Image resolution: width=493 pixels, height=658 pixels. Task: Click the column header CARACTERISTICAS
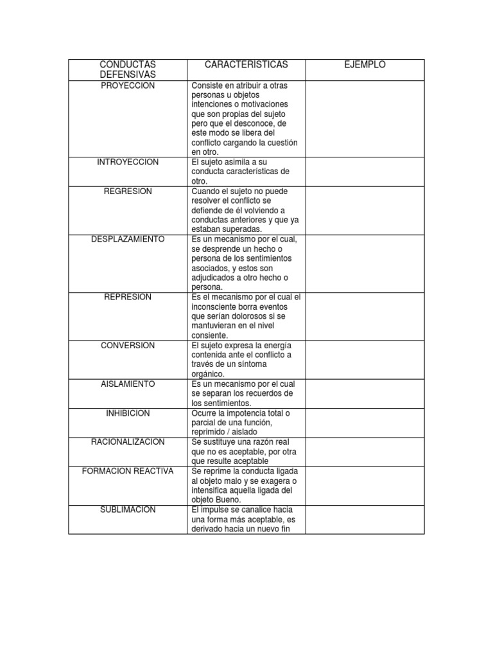coord(246,65)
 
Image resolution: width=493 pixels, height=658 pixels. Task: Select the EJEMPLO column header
coord(365,65)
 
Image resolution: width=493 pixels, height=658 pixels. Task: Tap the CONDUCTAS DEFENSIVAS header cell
coord(128,70)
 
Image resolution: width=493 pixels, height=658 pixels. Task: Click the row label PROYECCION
coord(128,86)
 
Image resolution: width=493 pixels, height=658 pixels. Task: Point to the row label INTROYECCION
coord(128,162)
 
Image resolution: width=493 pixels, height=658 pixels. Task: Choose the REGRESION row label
coord(128,191)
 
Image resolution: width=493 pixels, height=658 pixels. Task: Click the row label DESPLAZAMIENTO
coord(128,239)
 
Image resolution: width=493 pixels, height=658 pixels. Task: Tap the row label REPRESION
coord(128,297)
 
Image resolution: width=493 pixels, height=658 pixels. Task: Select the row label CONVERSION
coord(128,345)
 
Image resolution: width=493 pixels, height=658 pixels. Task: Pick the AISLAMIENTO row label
coord(128,384)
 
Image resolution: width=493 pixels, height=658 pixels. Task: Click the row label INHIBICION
coord(128,413)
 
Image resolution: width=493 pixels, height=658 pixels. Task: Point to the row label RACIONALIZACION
coord(128,442)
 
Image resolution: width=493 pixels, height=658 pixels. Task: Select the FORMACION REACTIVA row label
coord(128,471)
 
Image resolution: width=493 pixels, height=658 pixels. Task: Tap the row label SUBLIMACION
coord(128,510)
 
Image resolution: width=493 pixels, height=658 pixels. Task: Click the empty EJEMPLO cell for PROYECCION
coord(365,119)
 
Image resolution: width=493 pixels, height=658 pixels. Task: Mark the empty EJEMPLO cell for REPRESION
coord(365,316)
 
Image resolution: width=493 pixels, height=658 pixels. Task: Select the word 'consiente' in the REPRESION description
coord(209,335)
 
